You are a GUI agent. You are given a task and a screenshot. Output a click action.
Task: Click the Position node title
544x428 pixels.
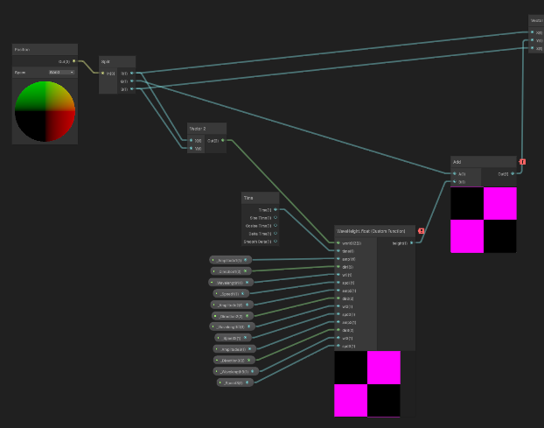point(24,49)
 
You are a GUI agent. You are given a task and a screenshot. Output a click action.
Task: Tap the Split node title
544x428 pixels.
point(106,62)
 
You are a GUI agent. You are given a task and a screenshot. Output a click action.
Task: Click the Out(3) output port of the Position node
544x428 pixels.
point(73,61)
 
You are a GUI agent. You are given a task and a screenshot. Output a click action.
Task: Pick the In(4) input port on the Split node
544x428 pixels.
point(103,73)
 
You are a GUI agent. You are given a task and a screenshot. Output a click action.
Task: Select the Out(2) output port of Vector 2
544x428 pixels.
point(222,139)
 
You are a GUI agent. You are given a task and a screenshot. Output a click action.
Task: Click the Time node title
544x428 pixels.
point(250,199)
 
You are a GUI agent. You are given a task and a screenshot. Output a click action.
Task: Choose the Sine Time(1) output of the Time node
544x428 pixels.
point(275,218)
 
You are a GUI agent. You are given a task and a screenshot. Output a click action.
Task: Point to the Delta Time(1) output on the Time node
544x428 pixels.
point(275,234)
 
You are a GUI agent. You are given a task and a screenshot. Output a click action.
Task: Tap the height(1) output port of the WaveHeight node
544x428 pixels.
point(411,242)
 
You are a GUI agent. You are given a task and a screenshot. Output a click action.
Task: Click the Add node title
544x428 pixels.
point(457,162)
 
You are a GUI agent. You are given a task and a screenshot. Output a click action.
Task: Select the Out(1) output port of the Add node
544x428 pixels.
point(513,173)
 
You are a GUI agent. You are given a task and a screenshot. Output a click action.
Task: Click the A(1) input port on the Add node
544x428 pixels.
point(454,173)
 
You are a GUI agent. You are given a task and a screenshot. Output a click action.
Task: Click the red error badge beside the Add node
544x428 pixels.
point(522,162)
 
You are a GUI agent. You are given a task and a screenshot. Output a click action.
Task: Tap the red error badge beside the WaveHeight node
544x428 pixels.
point(422,231)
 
